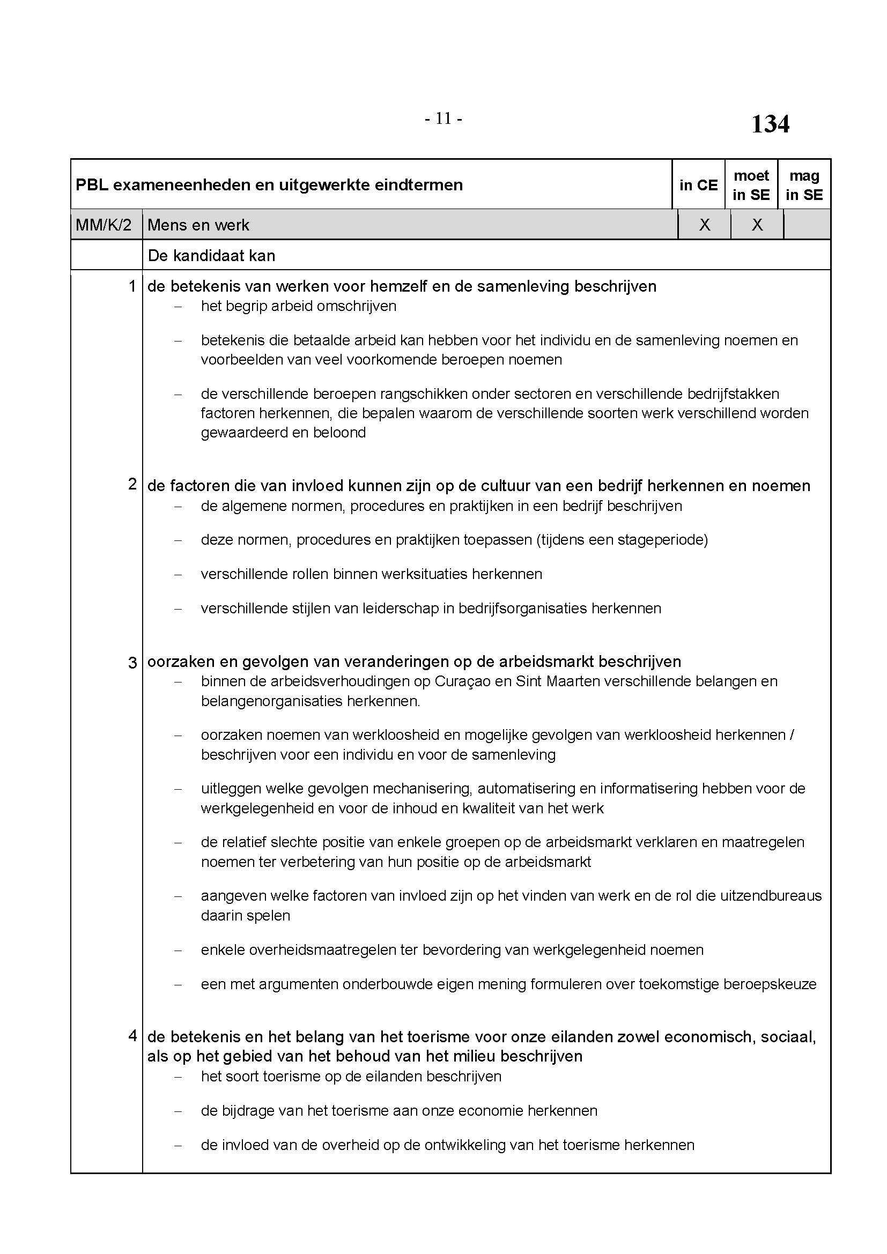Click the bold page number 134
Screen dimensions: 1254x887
[x=770, y=124]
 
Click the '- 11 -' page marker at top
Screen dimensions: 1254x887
[x=443, y=118]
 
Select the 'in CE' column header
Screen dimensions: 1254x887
[x=698, y=185]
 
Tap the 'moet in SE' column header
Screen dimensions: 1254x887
[x=751, y=185]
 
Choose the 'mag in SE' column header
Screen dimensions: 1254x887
[x=804, y=185]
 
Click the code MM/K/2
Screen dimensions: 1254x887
[x=104, y=225]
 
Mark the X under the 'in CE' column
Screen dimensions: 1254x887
[x=705, y=225]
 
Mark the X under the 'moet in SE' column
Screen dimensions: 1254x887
[x=757, y=225]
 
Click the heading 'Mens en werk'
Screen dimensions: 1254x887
[x=198, y=225]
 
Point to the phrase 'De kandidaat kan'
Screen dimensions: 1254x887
[x=211, y=256]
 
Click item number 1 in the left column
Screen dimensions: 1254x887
[x=131, y=286]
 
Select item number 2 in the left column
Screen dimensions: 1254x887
[x=131, y=484]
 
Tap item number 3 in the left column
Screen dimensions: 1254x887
[x=131, y=663]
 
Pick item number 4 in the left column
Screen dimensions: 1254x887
[x=131, y=1036]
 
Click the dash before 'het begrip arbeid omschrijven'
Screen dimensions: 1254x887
[x=178, y=307]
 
